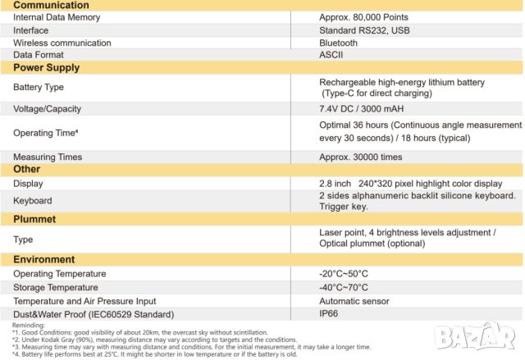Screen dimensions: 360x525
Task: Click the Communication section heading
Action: (51, 5)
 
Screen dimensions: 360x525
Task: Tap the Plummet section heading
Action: (38, 218)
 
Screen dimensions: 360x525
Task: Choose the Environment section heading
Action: (50, 259)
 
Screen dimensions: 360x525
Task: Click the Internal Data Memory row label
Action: (57, 17)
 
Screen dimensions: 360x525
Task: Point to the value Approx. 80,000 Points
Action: (363, 17)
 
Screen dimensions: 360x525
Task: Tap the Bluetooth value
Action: (338, 43)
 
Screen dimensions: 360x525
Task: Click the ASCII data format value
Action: (331, 55)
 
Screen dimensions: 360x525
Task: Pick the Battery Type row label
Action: (39, 87)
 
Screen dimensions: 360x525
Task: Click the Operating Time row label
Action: (45, 132)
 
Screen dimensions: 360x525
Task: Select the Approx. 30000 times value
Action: (360, 157)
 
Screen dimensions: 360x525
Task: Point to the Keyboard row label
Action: (33, 200)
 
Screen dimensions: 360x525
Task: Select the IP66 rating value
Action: (330, 314)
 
